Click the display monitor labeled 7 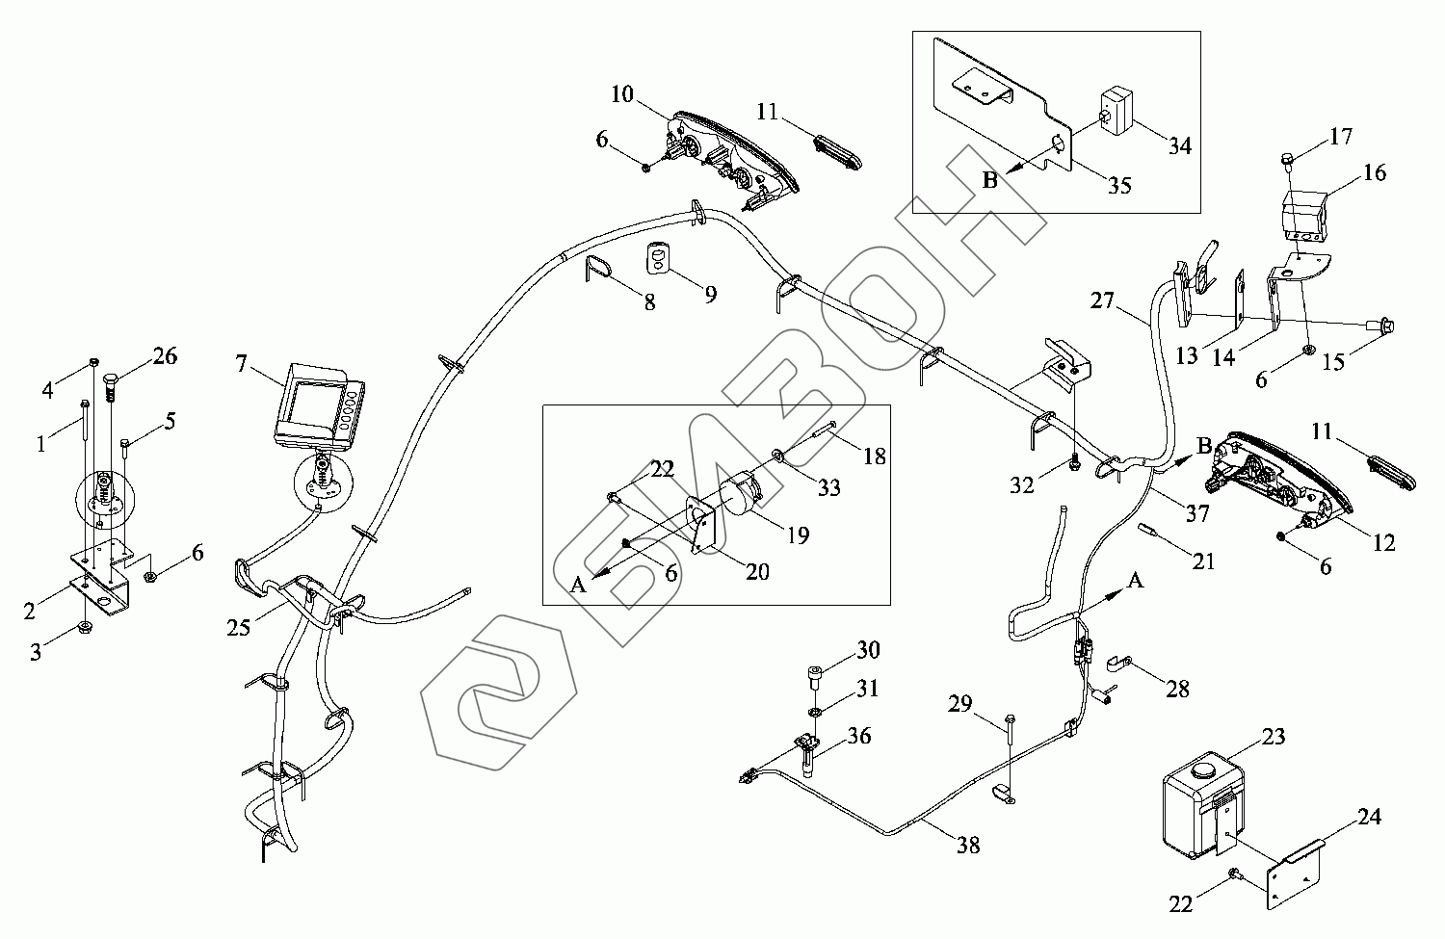click(320, 405)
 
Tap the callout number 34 click(1179, 145)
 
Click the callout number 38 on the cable click(968, 845)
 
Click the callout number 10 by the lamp click(621, 94)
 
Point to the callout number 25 click(238, 628)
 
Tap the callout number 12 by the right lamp click(1383, 543)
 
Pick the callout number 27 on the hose click(1102, 300)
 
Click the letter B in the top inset click(989, 181)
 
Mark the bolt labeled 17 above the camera click(1288, 158)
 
